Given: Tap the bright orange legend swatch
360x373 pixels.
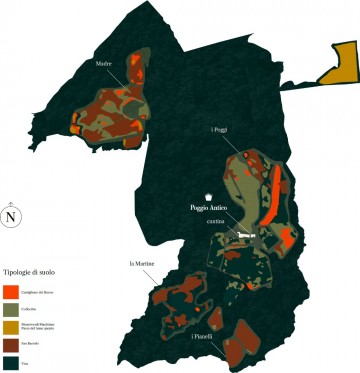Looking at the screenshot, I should pos(11,291).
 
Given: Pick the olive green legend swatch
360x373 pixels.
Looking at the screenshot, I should pos(11,309).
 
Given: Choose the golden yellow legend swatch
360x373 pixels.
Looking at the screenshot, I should pos(11,327).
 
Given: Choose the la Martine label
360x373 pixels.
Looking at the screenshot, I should pos(140,263).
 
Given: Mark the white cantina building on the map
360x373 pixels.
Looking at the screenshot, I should pos(246,235).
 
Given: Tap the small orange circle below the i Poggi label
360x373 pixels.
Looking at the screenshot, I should pos(243,159).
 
